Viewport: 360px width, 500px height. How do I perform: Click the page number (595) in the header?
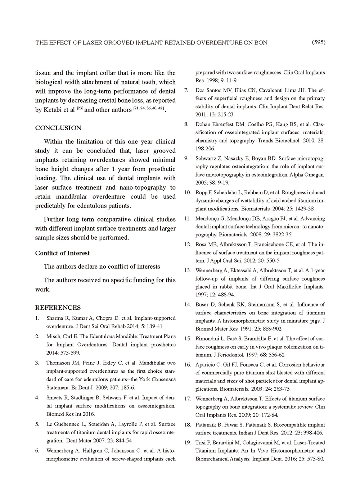click(x=318, y=42)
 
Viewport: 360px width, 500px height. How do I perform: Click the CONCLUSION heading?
click(x=58, y=128)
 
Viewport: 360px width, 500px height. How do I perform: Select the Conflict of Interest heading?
click(x=62, y=253)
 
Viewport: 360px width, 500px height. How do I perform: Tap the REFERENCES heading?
click(x=58, y=308)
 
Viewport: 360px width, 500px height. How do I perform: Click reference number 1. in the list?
click(x=37, y=318)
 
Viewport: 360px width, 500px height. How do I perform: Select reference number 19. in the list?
click(x=187, y=443)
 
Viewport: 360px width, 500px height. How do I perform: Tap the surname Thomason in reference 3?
click(x=59, y=363)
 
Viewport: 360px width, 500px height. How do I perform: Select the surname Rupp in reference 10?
click(x=202, y=193)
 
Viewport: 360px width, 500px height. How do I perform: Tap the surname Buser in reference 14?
click(x=202, y=305)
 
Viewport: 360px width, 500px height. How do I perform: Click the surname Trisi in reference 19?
click(x=201, y=443)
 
